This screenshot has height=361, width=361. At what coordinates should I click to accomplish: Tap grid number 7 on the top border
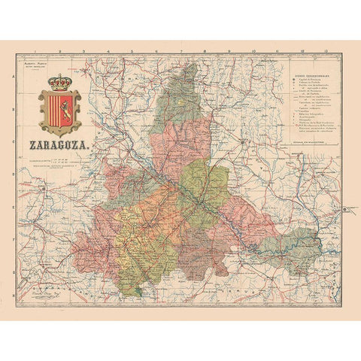click(181, 52)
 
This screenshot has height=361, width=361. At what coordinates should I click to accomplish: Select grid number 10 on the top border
click(254, 52)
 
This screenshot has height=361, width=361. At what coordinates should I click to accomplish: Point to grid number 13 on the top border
click(325, 52)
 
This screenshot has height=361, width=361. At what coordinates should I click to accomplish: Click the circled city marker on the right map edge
click(343, 208)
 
